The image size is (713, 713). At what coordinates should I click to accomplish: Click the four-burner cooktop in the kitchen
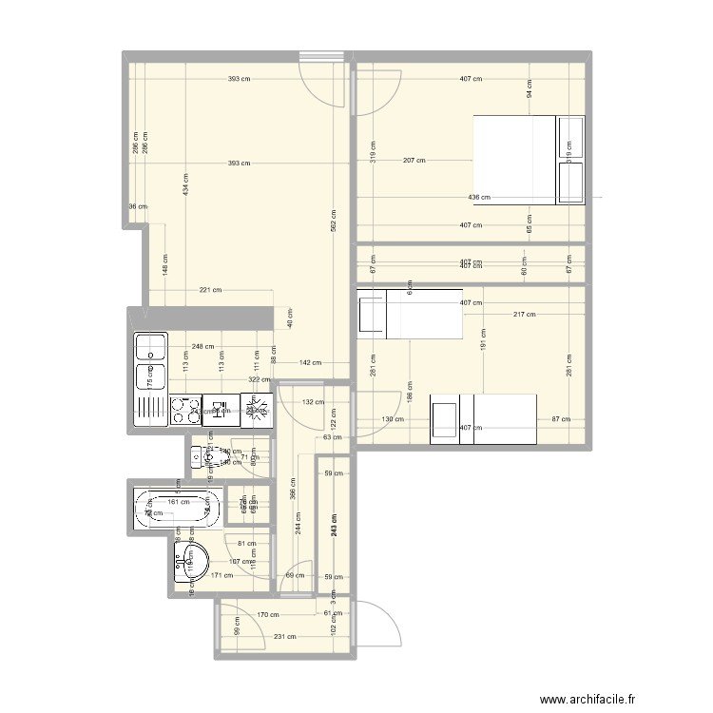point(185,411)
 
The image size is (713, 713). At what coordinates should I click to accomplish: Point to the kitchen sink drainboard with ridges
point(151,410)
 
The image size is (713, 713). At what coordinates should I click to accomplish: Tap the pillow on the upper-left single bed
point(371,315)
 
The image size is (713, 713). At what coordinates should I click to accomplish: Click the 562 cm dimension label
point(333,222)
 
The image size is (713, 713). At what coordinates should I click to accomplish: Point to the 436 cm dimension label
point(479,198)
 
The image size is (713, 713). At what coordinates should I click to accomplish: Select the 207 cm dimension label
point(414,161)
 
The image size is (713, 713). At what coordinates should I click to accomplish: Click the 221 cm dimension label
point(210,290)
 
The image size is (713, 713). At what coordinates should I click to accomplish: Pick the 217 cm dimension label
point(523,315)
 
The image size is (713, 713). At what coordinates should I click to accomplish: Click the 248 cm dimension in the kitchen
point(202,347)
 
